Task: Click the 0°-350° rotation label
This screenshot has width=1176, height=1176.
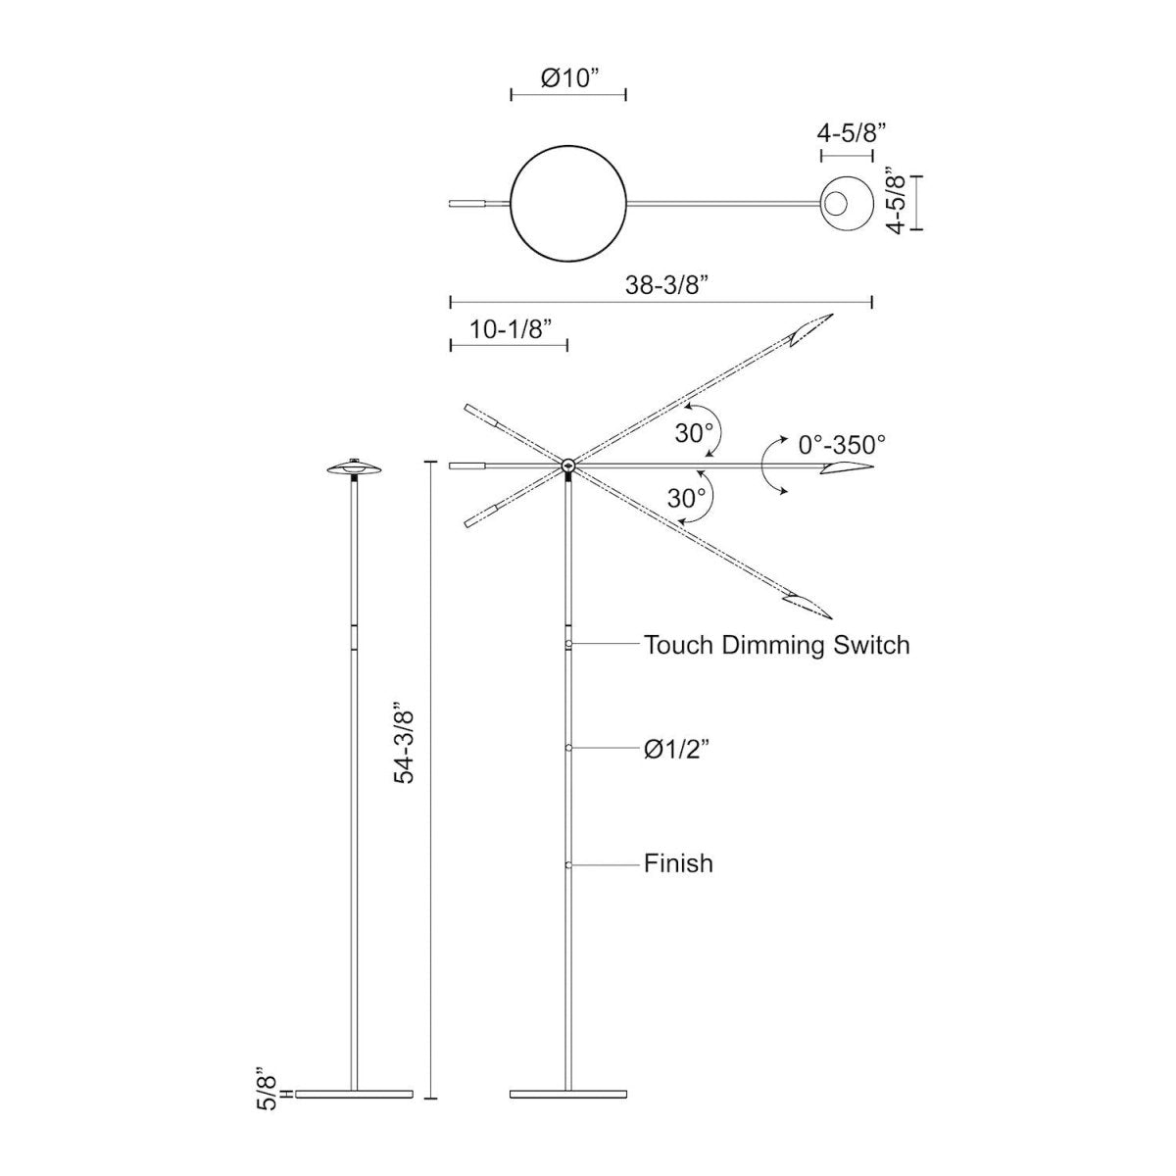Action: [x=842, y=444]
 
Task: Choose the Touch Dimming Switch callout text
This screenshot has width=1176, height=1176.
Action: [x=776, y=645]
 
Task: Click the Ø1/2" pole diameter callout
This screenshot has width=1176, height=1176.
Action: [x=676, y=750]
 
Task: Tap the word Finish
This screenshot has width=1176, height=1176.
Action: [x=678, y=863]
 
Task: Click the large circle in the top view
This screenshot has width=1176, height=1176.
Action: [x=568, y=203]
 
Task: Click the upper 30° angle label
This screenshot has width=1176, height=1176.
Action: [x=694, y=432]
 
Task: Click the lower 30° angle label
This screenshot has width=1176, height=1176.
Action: [x=687, y=498]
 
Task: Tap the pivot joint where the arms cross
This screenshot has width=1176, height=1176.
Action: [x=568, y=465]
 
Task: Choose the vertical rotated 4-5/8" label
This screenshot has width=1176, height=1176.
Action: [x=894, y=202]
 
